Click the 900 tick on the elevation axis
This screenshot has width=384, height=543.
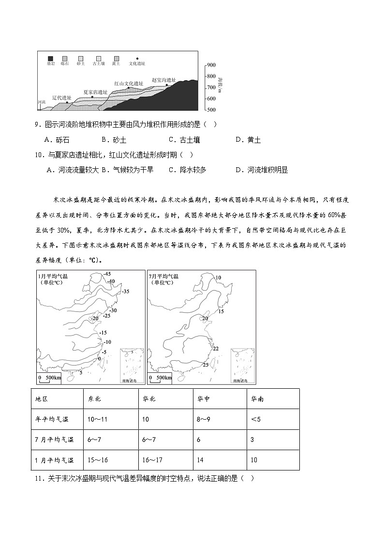point(211,65)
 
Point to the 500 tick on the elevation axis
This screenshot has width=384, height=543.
point(211,110)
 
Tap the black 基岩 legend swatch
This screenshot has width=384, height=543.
point(50,58)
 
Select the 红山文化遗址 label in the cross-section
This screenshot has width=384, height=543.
point(129,83)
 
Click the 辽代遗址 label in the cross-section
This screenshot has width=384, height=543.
point(61,98)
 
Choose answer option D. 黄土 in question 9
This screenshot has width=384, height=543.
point(248,140)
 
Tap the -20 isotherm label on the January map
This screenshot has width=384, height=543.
point(95,318)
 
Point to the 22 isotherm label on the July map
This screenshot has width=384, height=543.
point(215,349)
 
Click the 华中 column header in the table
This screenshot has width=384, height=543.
point(203,399)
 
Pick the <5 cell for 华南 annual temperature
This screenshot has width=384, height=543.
point(255,419)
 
